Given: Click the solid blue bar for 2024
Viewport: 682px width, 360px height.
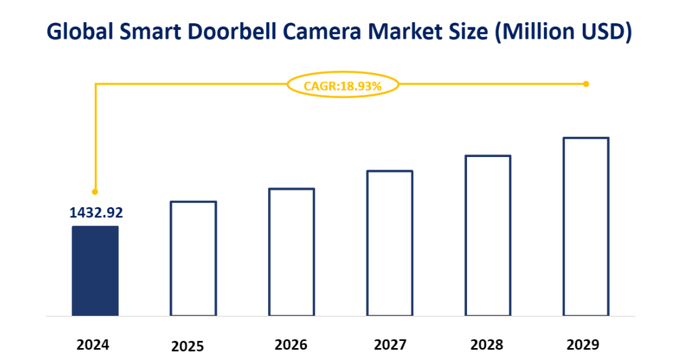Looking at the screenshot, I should pos(95,270).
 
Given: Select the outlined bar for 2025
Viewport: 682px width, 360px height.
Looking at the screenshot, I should pos(193,258).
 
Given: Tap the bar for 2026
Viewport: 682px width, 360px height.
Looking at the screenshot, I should pos(291,252).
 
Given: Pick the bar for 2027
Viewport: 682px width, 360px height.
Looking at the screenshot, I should pos(389,243).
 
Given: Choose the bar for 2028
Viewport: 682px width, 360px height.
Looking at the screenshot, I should pos(488,235).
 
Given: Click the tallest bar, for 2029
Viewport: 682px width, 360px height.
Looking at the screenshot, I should pos(586,226).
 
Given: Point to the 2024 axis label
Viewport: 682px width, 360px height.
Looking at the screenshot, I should pos(93,345).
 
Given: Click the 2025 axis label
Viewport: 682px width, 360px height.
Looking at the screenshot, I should pos(188,346).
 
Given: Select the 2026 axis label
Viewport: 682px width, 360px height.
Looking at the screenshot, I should pos(291,345).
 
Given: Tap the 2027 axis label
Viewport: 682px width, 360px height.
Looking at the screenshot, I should pos(390,345).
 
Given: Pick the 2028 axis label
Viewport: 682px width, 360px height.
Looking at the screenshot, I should pos(487,345).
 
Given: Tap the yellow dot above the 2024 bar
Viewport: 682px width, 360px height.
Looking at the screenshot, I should pos(95,192).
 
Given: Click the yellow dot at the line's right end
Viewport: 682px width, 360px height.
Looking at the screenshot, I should pos(586,84).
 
